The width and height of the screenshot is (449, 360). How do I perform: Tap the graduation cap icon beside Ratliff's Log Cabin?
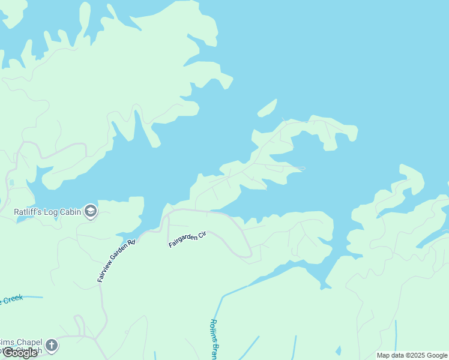91,211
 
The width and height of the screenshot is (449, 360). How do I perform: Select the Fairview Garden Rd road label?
116,261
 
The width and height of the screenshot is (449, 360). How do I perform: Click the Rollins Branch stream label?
214,339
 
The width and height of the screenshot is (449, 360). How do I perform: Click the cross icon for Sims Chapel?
52,345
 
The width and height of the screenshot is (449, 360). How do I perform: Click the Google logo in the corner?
20,353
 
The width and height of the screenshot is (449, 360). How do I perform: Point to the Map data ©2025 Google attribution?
412,355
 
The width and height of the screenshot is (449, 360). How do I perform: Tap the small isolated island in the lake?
267,108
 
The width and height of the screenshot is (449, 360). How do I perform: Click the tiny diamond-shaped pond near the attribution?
338,350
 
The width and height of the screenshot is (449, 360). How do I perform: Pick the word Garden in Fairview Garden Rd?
118,259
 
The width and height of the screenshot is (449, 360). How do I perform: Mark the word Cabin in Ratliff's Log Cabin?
71,211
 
